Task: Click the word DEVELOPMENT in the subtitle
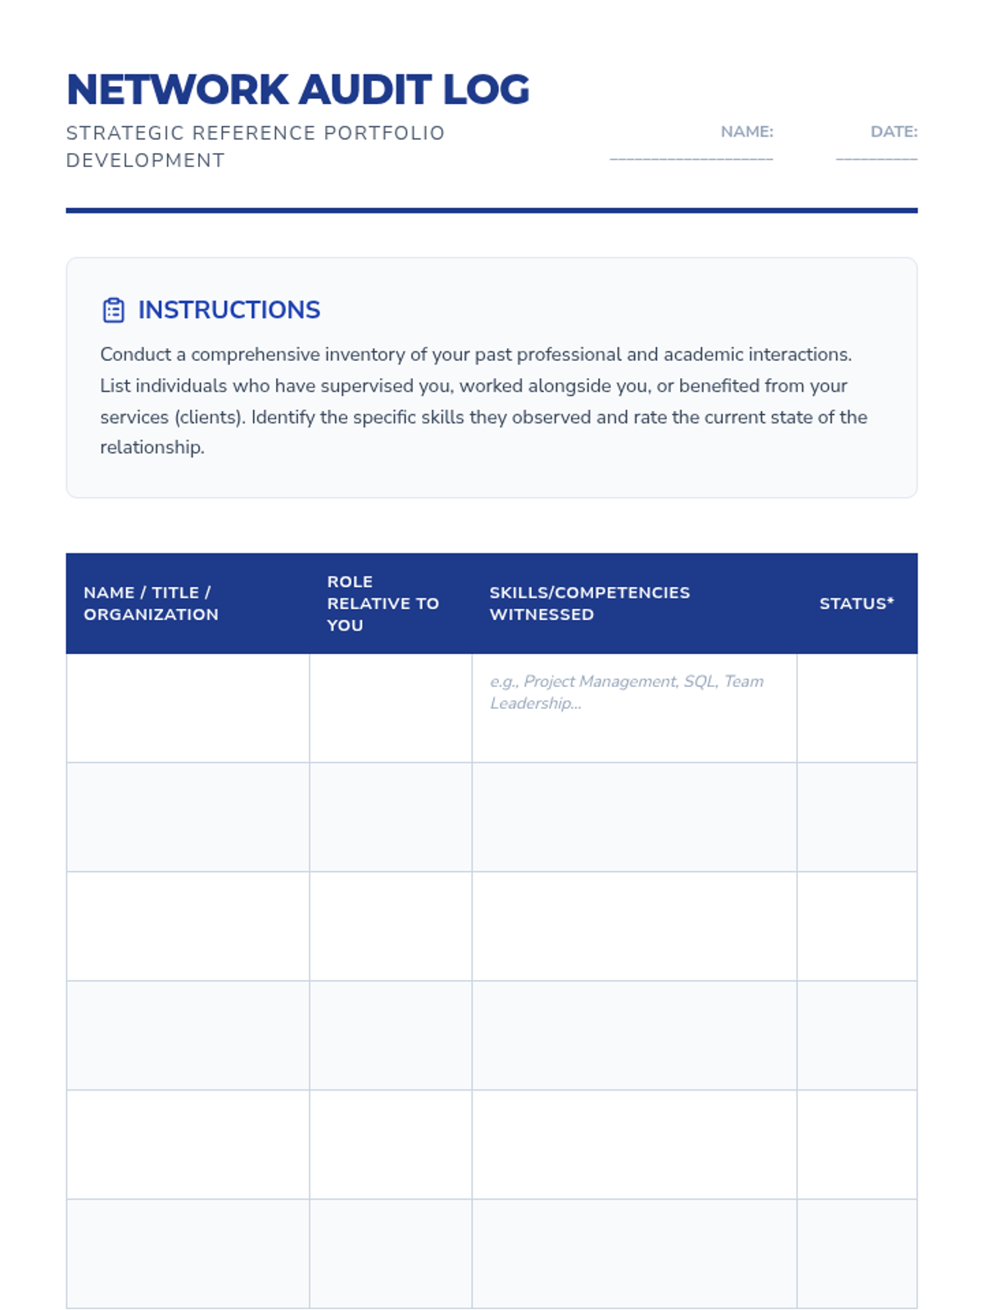[x=145, y=160]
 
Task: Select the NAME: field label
[x=746, y=132]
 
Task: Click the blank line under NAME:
[x=691, y=158]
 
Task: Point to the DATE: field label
[x=893, y=132]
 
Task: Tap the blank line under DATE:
[x=876, y=158]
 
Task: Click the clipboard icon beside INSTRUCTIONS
[x=113, y=310]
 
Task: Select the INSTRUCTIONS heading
[x=229, y=310]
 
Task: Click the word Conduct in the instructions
[x=135, y=355]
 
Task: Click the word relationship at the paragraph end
[x=152, y=447]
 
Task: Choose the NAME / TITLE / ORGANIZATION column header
[x=151, y=603]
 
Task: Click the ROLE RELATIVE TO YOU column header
[x=383, y=603]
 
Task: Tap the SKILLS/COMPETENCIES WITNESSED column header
[x=589, y=603]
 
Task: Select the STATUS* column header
[x=856, y=603]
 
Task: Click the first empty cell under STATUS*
[x=856, y=708]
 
